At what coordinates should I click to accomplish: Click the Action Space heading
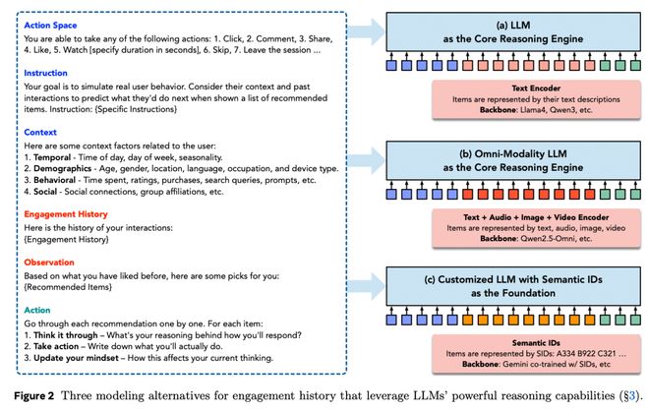click(x=50, y=26)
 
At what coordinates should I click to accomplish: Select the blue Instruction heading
click(x=45, y=73)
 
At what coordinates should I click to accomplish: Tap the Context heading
click(x=40, y=133)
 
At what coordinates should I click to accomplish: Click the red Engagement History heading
click(x=66, y=214)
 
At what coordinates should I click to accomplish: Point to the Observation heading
click(x=49, y=263)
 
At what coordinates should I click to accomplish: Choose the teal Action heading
click(x=36, y=311)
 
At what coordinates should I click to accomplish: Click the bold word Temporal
click(x=52, y=157)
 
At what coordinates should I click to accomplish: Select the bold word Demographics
click(x=63, y=169)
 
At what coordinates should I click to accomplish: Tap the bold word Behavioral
click(x=55, y=180)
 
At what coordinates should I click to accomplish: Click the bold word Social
click(x=45, y=192)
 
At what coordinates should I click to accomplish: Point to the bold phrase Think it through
click(x=66, y=335)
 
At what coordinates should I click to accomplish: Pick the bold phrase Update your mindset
click(x=76, y=358)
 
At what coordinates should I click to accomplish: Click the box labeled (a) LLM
click(x=513, y=31)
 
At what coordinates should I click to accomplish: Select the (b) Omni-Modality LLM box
click(x=513, y=160)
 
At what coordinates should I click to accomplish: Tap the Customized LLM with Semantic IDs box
click(x=513, y=286)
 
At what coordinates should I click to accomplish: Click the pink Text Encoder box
click(x=536, y=99)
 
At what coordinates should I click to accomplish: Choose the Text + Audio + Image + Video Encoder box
click(x=536, y=228)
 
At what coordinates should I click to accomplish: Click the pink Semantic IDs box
click(x=536, y=354)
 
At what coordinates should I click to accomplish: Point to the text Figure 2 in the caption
click(x=34, y=396)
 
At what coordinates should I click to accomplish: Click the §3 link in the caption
click(x=629, y=396)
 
